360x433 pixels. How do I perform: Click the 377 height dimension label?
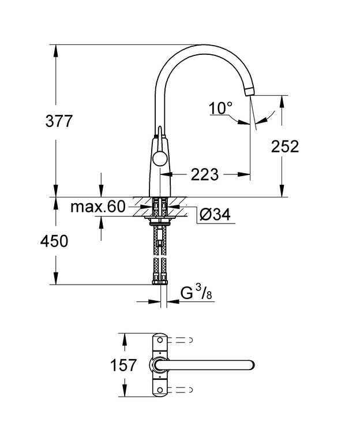point(59,121)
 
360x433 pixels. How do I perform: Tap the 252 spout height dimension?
point(284,147)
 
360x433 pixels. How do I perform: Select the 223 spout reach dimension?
point(204,174)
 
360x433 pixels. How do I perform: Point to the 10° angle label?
point(220,108)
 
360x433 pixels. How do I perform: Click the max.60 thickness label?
point(98,207)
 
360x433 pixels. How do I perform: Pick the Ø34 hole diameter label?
point(215,215)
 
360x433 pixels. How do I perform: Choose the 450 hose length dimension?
point(54,241)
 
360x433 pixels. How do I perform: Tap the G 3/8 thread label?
point(196,293)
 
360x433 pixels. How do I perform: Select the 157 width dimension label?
point(123,365)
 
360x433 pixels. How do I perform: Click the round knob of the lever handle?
point(160,159)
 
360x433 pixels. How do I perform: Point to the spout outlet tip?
point(249,91)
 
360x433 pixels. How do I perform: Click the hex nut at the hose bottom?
point(160,282)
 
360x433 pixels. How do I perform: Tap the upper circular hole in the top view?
point(160,340)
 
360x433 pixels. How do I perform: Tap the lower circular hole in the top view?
point(160,390)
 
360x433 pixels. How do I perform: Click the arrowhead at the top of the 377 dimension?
point(56,51)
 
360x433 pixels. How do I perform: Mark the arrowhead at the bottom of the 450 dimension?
point(56,278)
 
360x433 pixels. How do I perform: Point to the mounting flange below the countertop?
point(160,219)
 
